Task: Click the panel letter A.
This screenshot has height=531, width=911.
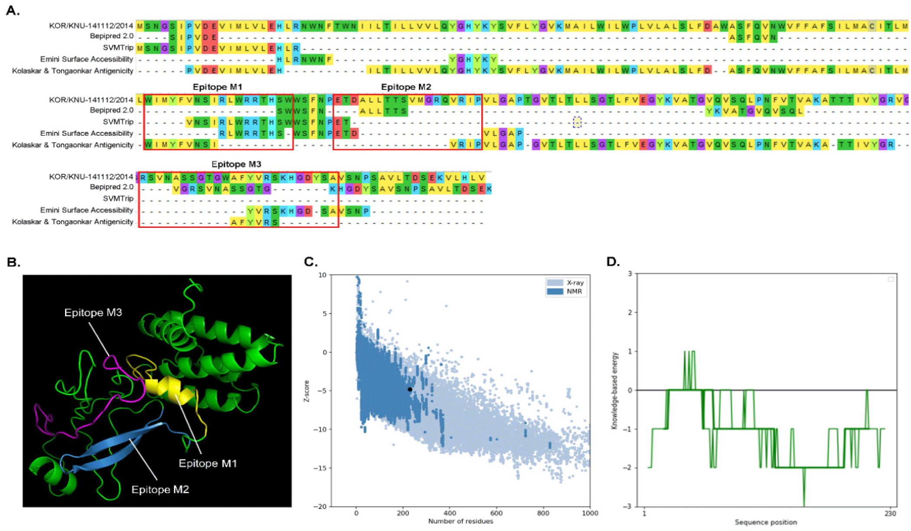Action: point(13,10)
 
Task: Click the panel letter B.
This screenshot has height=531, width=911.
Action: point(13,262)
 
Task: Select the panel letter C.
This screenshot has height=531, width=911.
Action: point(310,262)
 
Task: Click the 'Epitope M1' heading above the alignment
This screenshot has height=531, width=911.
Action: point(217,87)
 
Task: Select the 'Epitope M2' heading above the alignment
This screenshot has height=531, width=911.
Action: point(406,87)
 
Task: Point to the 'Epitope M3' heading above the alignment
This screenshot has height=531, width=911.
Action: point(236,164)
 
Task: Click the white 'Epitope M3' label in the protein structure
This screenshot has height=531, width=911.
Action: point(93,312)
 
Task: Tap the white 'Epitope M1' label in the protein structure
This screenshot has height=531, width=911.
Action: point(208,463)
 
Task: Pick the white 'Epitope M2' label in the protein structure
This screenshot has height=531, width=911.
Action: point(160,489)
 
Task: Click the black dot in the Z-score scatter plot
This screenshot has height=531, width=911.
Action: point(410,389)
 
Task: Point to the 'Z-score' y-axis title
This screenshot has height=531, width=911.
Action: point(307,391)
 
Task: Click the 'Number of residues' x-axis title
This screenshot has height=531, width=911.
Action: point(460,521)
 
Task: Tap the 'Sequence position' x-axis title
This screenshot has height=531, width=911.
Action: point(765,522)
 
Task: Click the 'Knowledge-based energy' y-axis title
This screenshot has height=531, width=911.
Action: point(614,390)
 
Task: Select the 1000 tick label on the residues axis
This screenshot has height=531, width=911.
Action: point(590,513)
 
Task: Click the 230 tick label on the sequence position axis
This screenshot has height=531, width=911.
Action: point(890,514)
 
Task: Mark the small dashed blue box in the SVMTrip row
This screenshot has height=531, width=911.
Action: point(577,122)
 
